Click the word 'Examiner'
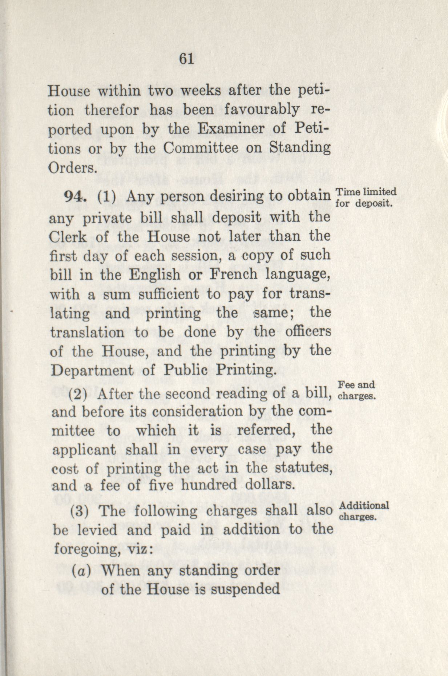228,129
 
